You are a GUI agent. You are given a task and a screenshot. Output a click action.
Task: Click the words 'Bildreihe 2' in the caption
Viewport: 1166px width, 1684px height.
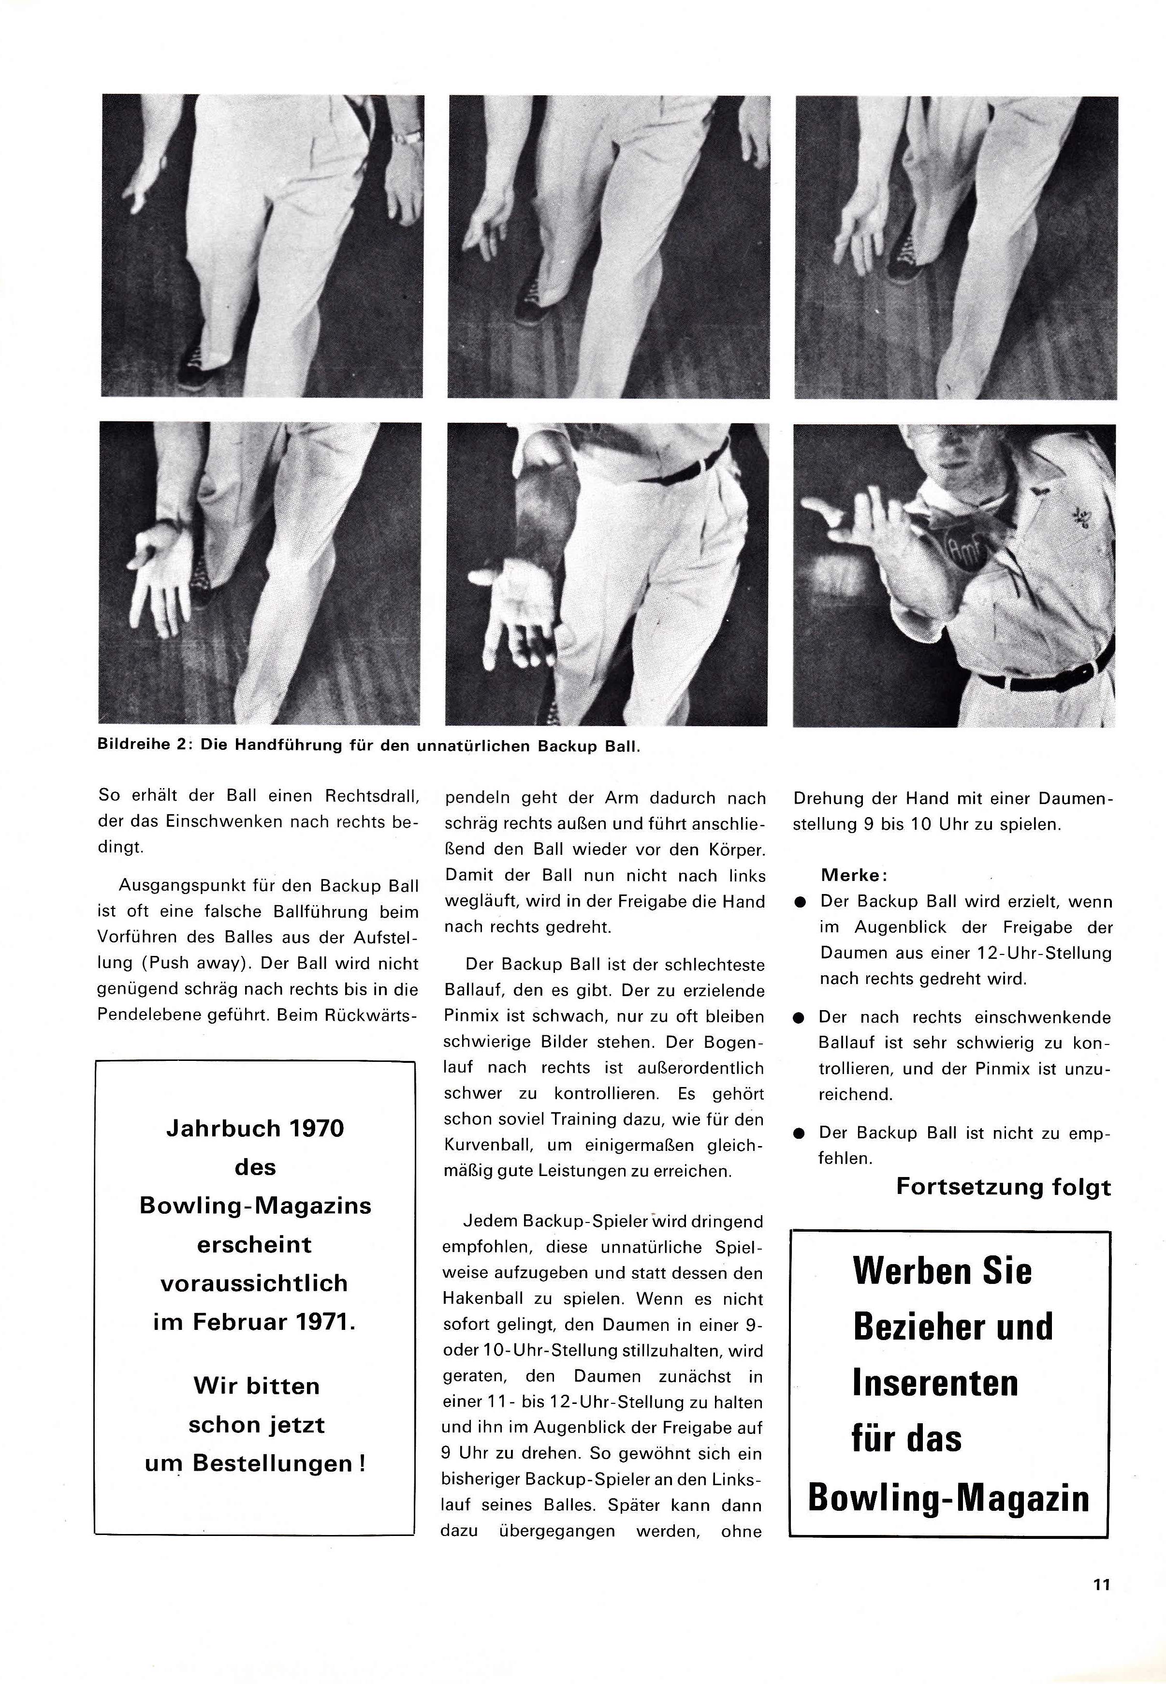click(143, 746)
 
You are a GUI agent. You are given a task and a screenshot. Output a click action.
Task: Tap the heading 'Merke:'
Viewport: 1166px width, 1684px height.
click(853, 875)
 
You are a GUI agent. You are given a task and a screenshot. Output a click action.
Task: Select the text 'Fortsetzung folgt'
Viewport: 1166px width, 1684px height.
click(1003, 1186)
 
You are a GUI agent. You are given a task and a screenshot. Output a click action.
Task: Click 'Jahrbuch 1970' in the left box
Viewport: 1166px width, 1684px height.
click(255, 1129)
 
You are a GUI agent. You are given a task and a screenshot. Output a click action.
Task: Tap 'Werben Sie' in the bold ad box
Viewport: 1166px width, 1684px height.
click(942, 1270)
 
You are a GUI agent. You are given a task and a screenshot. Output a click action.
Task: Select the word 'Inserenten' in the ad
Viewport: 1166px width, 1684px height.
click(934, 1384)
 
